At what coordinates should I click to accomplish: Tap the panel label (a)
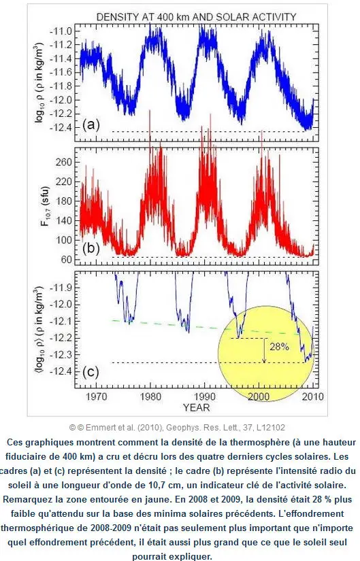pos(91,124)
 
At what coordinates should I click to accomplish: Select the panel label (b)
pos(91,248)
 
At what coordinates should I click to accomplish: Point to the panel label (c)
pos(91,372)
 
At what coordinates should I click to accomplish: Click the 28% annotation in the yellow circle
pos(280,347)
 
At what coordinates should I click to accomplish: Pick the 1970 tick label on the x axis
pos(97,396)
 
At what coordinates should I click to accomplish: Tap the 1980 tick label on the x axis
pos(150,396)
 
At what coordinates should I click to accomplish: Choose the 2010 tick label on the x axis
pos(313,396)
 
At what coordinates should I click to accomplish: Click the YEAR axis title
pos(196,407)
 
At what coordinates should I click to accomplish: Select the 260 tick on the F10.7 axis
pos(64,162)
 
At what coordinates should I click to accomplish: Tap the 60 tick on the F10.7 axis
pos(67,259)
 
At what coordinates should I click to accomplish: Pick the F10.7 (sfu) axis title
pos(45,207)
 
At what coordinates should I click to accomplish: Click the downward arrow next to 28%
pos(264,350)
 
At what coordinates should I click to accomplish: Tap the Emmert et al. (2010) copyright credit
pos(178,427)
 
